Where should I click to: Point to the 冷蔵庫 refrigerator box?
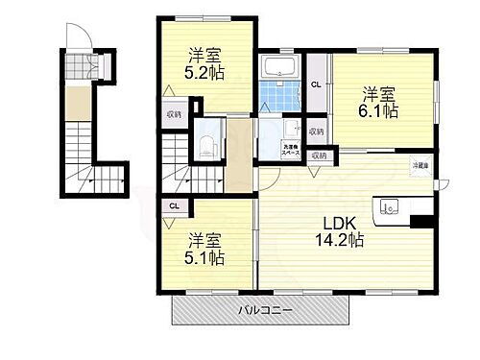coord(421,166)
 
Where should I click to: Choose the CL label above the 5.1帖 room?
coord(173,205)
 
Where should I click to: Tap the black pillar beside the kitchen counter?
coord(419,223)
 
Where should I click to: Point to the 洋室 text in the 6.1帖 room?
coord(378,93)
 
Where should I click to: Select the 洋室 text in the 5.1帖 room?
coord(204,238)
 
